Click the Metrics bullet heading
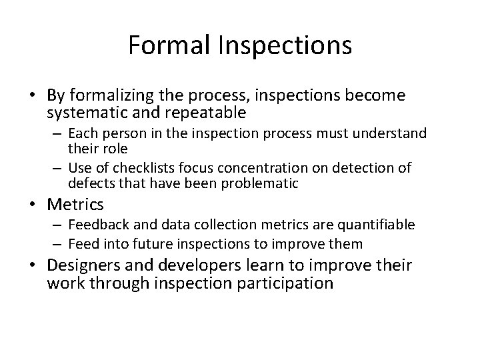point(75,203)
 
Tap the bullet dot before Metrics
point(37,204)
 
